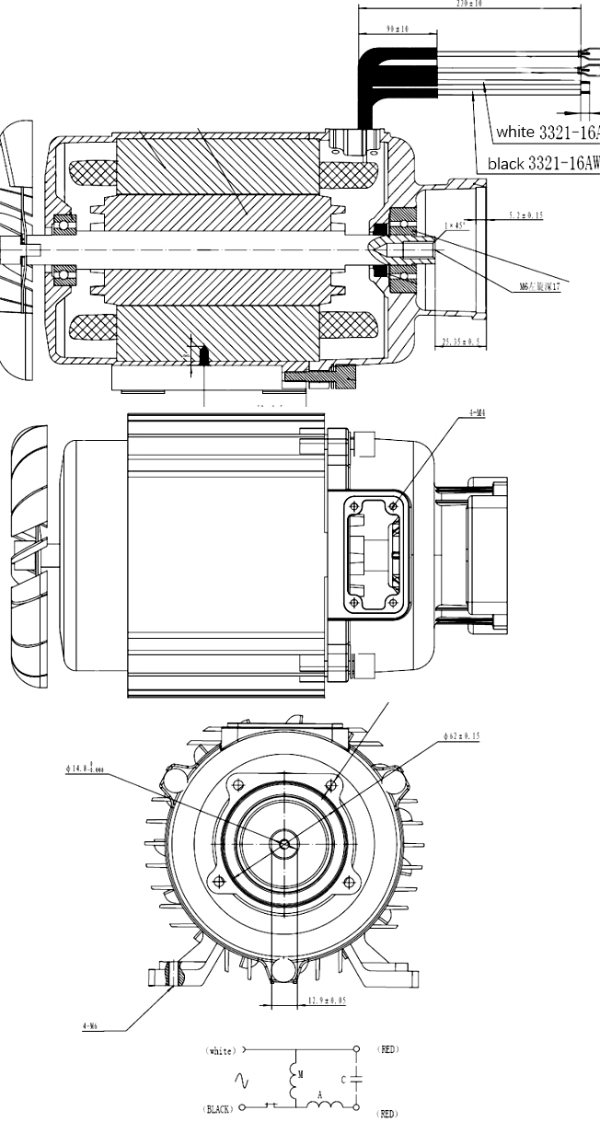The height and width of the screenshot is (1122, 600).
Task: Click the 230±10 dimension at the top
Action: (x=469, y=4)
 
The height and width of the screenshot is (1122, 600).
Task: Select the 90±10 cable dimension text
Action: (x=398, y=29)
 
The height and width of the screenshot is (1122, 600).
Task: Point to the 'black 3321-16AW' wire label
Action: (x=543, y=164)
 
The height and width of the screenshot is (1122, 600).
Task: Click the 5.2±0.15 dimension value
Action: (x=525, y=215)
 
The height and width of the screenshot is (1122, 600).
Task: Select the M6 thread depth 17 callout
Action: (x=539, y=286)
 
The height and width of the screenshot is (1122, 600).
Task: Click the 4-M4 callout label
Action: (x=477, y=413)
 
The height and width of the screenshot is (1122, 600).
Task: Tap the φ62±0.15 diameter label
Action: (x=461, y=735)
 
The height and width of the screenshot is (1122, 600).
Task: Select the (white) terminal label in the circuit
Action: (x=221, y=1049)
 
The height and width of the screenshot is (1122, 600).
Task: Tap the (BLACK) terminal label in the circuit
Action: (x=217, y=1109)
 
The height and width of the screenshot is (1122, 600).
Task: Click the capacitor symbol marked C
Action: (x=356, y=1079)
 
